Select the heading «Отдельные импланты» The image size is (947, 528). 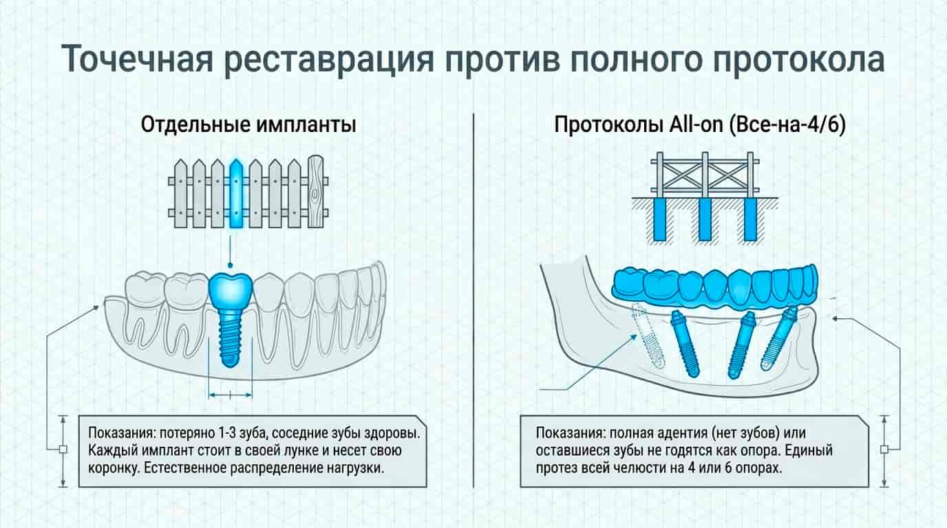point(248,124)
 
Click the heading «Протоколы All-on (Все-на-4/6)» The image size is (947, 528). point(700,124)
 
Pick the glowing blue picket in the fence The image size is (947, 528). point(236,194)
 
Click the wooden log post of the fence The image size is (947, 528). point(315,192)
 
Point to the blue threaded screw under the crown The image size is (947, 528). point(230,339)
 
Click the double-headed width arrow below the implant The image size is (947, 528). point(231,395)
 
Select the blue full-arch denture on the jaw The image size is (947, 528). point(714,287)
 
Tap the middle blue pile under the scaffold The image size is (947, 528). point(704,219)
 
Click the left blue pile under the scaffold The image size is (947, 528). point(659,219)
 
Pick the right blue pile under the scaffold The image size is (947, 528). point(750,219)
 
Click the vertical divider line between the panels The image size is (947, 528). point(473,300)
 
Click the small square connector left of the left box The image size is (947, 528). point(63,450)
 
